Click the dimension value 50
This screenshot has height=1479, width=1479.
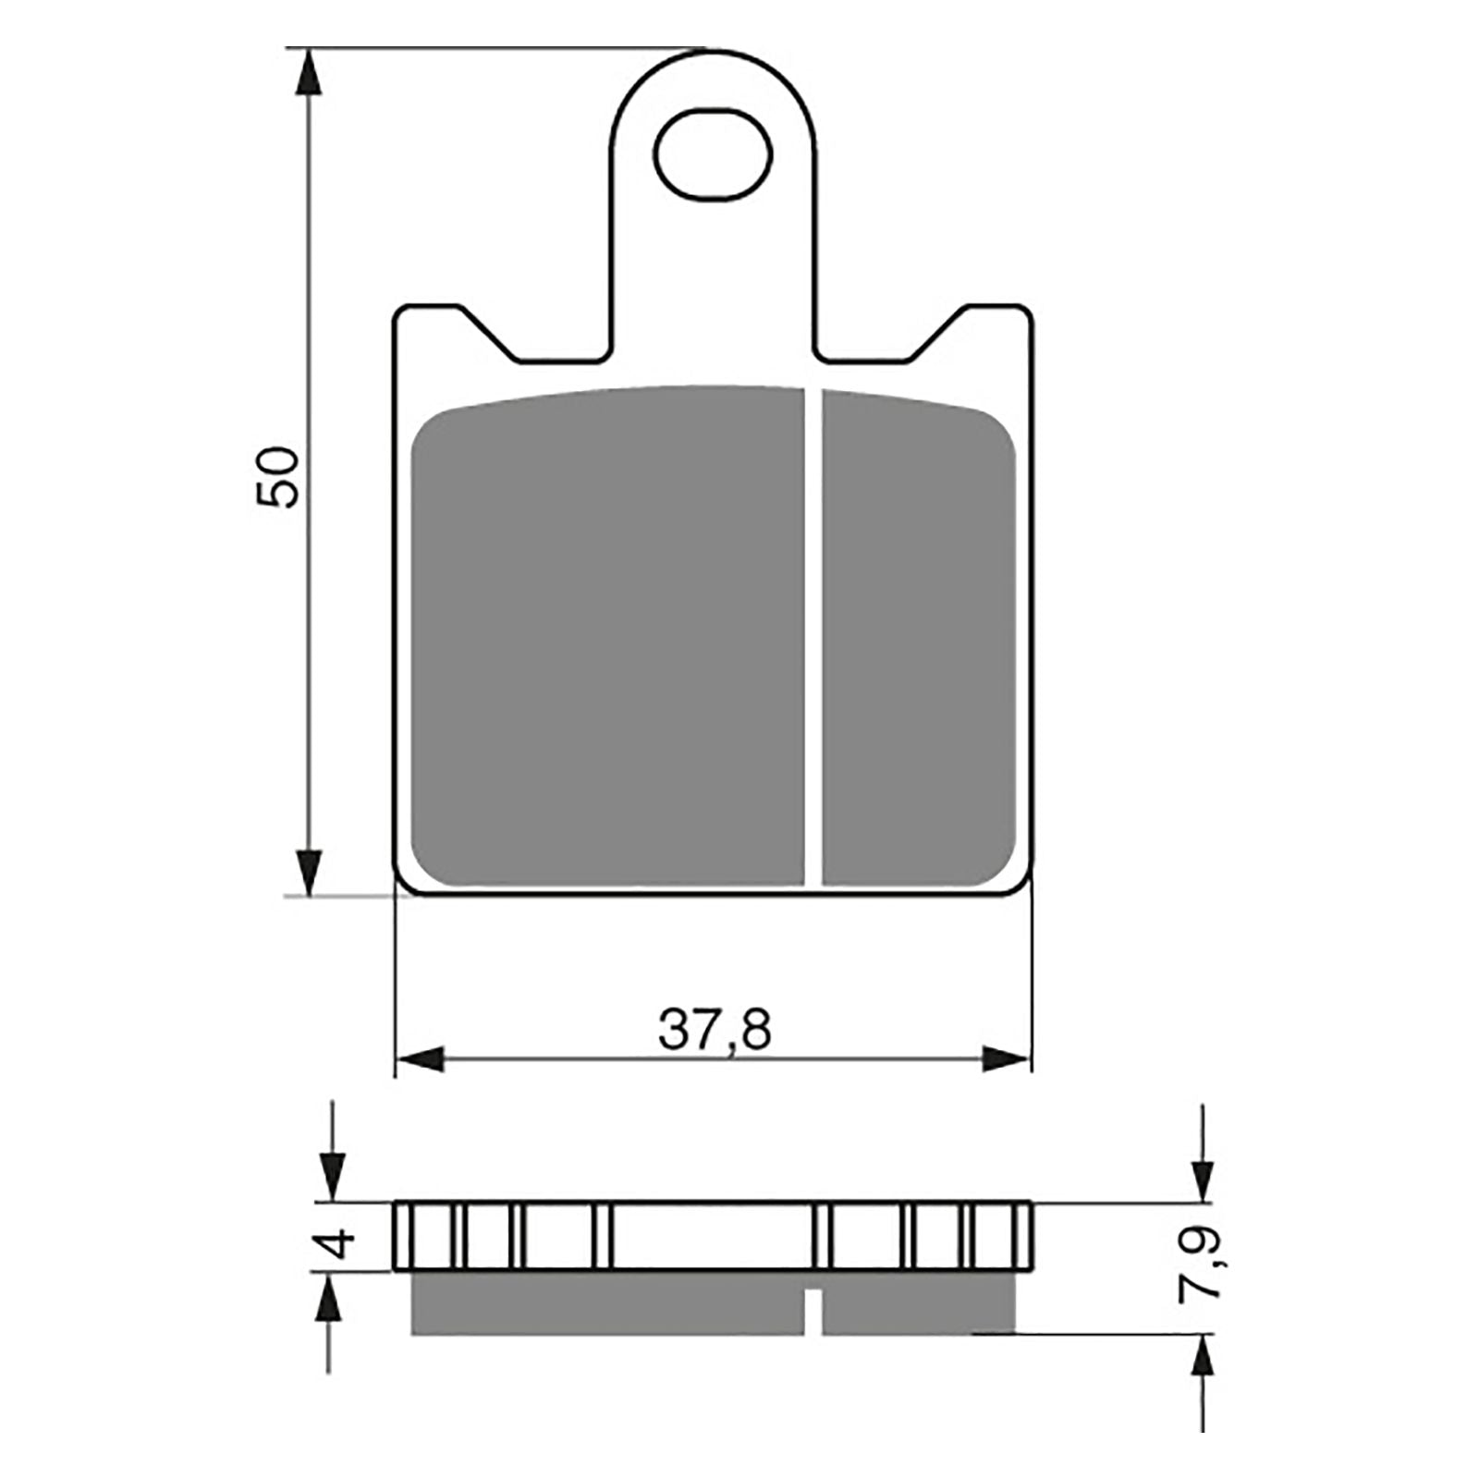[x=278, y=477]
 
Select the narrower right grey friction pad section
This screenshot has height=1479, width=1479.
[x=918, y=638]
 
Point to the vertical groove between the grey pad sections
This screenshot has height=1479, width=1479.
[x=813, y=638]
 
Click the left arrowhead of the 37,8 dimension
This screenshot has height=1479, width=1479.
[x=421, y=1059]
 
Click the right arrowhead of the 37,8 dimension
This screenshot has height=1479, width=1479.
[x=1006, y=1059]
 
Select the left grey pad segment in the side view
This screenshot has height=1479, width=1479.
[x=605, y=1303]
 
